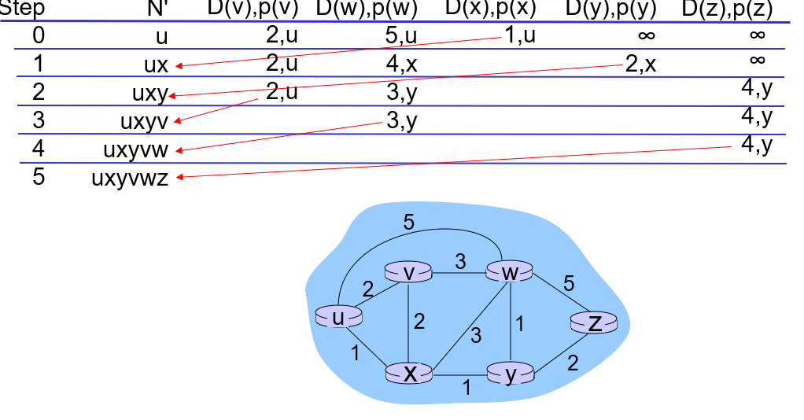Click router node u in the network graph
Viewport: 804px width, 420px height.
point(338,316)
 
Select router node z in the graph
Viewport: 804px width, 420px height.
point(595,322)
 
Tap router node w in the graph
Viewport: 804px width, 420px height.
point(511,272)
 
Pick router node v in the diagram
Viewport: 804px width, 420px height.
point(408,272)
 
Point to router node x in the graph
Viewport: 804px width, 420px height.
point(409,373)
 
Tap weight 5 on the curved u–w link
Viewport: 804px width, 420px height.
point(409,222)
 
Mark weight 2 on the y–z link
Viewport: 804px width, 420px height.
point(572,363)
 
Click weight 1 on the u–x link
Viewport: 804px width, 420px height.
point(356,353)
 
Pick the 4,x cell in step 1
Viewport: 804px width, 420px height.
point(401,64)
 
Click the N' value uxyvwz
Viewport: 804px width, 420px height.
point(131,177)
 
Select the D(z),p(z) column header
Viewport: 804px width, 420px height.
point(727,9)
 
